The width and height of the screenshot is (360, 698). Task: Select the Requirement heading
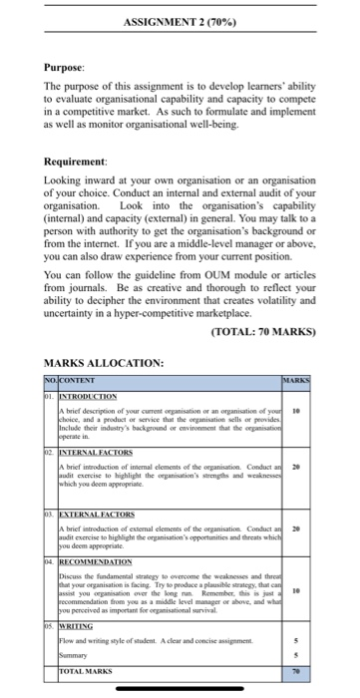point(78,161)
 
